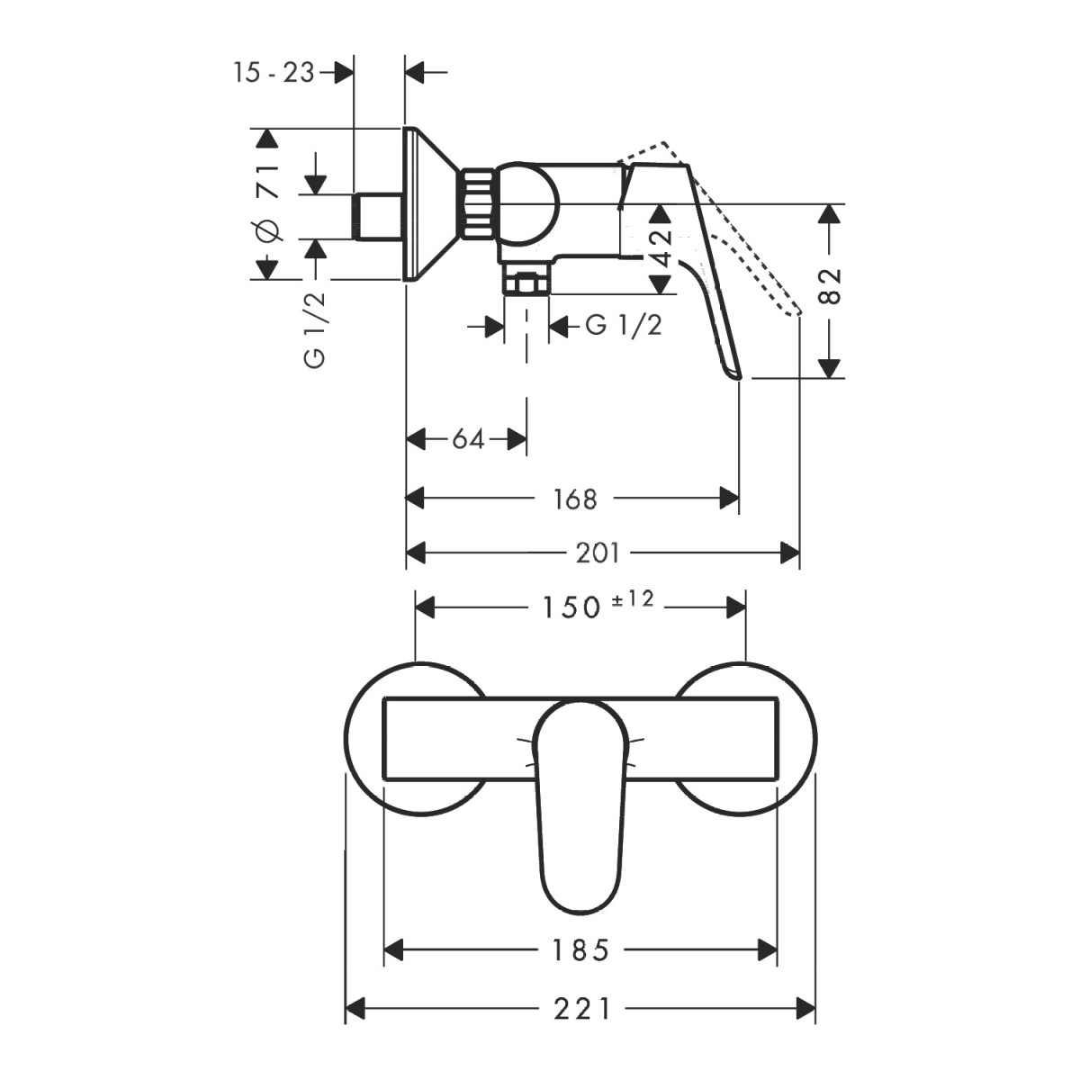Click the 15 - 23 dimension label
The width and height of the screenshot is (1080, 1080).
274,73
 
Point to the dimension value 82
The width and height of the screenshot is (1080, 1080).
830,286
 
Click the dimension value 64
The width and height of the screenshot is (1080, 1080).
468,439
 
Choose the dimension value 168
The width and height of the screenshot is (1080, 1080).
575,499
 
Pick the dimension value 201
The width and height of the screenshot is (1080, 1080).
598,553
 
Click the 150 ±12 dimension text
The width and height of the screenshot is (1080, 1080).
598,606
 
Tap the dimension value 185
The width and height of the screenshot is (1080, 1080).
580,950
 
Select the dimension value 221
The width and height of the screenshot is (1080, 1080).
581,1010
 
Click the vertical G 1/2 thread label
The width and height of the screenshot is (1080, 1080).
315,329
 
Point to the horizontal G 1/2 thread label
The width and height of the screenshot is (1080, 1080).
624,325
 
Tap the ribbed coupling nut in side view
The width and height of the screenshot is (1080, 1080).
478,204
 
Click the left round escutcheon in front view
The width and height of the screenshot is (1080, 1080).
416,738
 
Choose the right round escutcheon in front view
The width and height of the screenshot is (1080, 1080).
745,738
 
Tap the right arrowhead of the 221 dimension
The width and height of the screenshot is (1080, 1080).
805,1010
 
